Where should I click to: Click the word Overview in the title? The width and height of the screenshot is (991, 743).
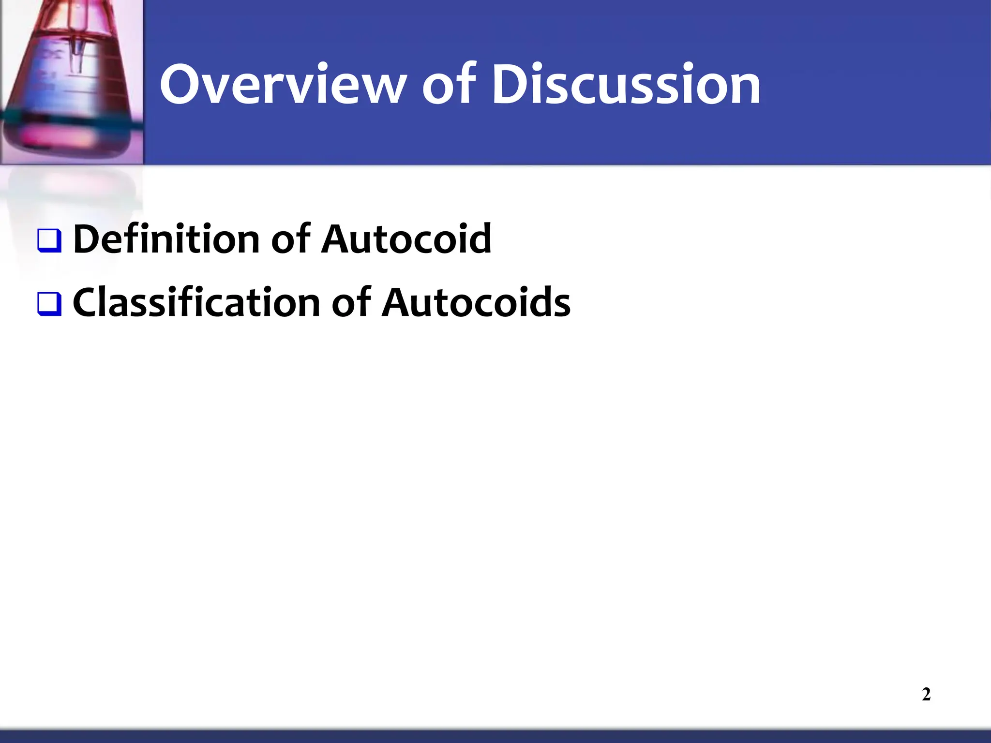283,85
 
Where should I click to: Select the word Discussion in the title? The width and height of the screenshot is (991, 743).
626,85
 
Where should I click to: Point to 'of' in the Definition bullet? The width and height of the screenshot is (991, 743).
289,239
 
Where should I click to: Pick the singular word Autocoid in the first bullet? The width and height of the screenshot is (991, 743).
406,239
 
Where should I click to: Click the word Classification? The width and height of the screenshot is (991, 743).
196,303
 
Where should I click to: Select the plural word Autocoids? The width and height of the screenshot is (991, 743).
476,303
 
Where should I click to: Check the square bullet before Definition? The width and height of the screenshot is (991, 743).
49,240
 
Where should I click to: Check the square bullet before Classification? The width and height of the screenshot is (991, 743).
49,304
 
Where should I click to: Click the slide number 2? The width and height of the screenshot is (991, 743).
926,695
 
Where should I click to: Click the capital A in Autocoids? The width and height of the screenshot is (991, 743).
400,303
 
